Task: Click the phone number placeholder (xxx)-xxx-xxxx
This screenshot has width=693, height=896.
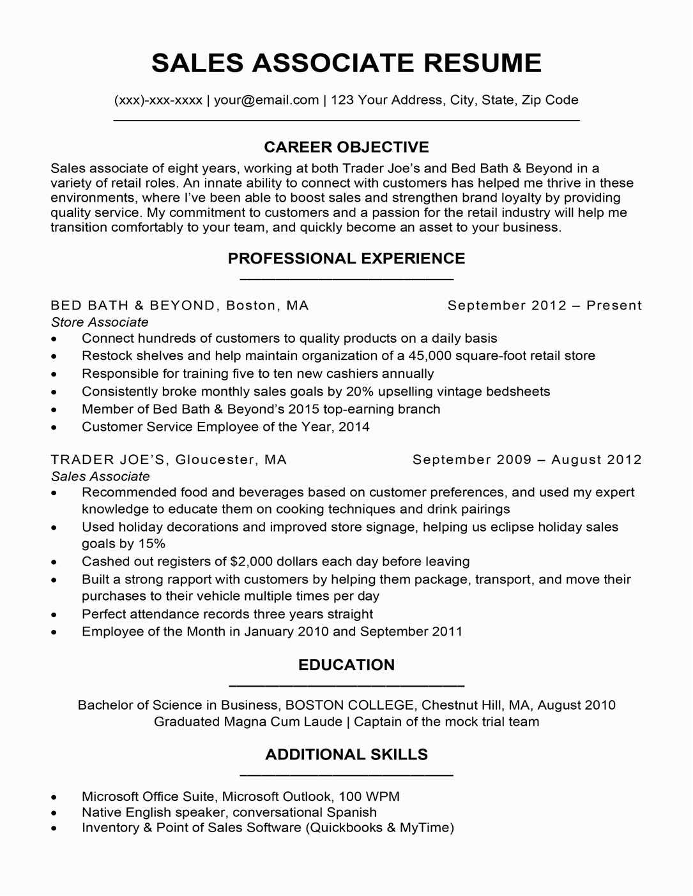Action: click(x=158, y=100)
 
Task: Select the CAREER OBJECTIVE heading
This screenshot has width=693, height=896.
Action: click(x=346, y=147)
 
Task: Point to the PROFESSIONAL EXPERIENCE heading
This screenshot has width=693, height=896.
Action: click(x=346, y=258)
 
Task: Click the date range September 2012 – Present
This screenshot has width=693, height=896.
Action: click(x=544, y=305)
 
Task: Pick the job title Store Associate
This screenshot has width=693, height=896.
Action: click(x=100, y=322)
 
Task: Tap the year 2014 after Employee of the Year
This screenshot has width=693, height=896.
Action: click(x=354, y=426)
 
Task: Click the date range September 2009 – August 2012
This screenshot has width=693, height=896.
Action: click(x=527, y=459)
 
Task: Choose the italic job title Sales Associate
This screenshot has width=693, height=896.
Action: click(x=100, y=476)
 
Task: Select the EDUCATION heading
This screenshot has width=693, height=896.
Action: click(x=346, y=665)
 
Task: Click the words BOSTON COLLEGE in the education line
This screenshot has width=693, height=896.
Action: click(x=349, y=705)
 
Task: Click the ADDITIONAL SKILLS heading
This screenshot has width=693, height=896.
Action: click(x=346, y=754)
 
